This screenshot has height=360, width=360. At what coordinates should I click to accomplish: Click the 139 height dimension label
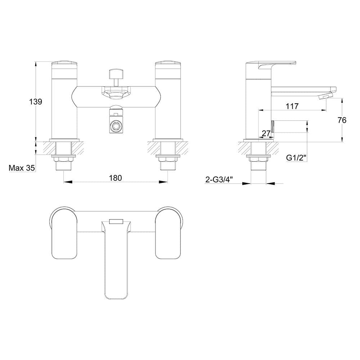[x=36, y=102]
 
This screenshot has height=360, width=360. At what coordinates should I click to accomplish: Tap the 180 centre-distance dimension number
[x=115, y=177]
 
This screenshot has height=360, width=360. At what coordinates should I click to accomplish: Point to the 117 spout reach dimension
[x=292, y=106]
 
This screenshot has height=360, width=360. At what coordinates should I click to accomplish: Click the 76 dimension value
[x=342, y=120]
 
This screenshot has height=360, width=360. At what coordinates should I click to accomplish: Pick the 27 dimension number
[x=266, y=134]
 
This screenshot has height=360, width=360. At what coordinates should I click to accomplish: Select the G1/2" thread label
[x=296, y=158]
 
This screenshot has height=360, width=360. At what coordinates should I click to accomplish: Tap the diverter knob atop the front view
[x=116, y=75]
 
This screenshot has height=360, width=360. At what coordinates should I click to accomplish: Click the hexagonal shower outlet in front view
[x=116, y=126]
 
